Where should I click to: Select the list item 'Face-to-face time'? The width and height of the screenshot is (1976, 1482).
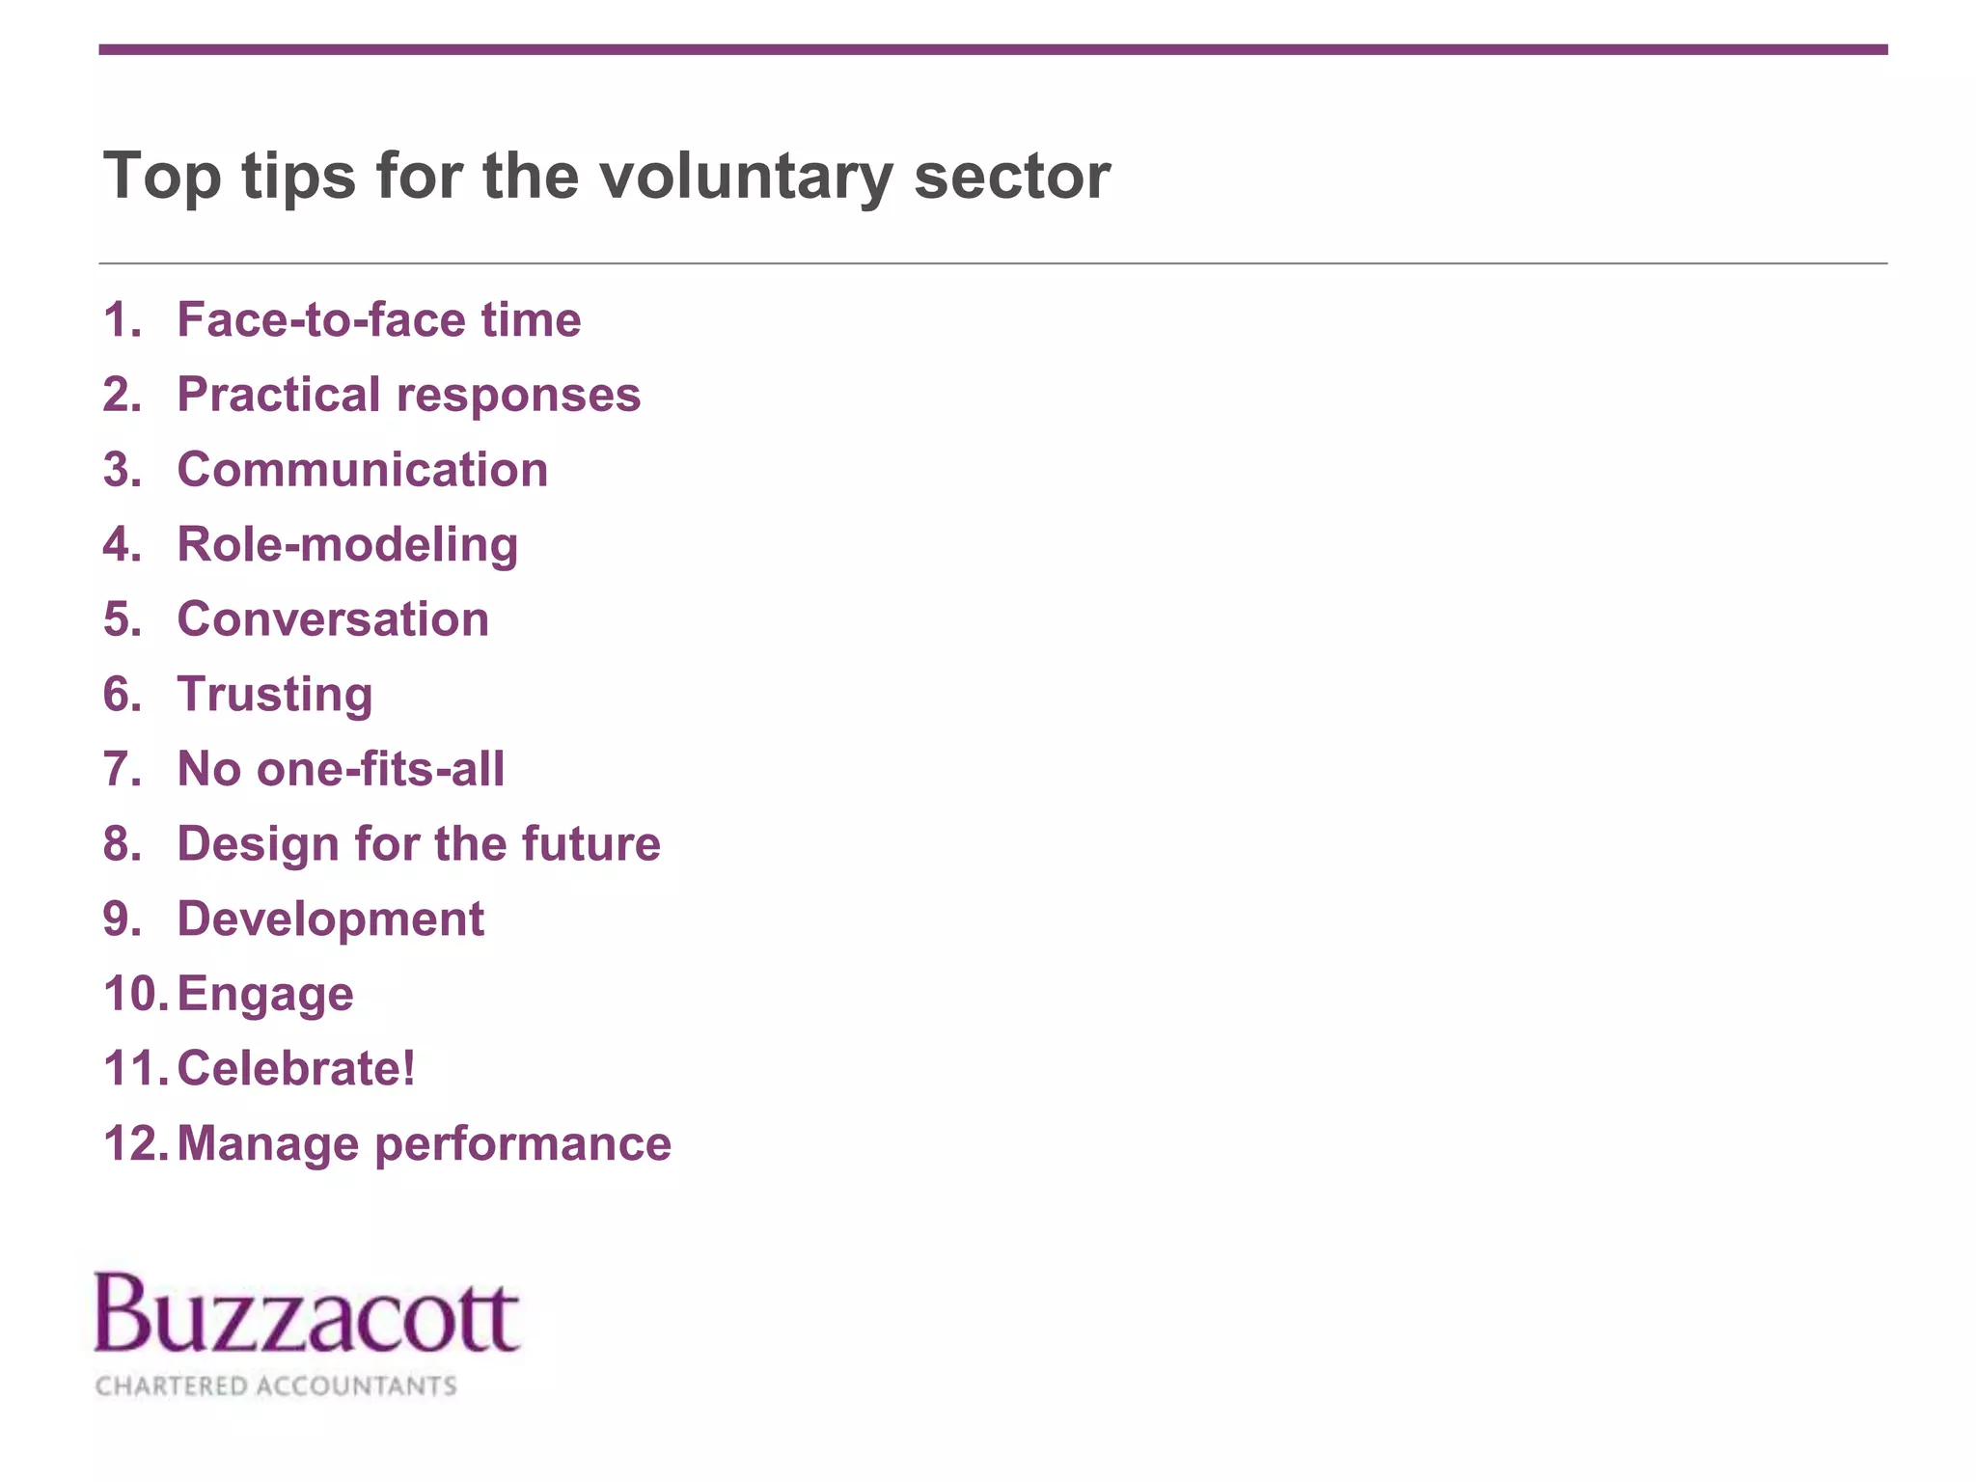coord(378,320)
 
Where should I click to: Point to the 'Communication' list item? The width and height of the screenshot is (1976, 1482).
coord(362,470)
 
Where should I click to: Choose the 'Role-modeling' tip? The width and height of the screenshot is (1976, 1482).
coord(347,545)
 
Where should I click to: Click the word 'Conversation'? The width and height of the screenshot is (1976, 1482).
coord(333,619)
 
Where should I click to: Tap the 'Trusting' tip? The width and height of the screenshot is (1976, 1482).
coord(275,695)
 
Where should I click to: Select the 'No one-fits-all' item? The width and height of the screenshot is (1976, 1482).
coord(341,769)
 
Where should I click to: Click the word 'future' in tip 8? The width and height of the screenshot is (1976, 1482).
coord(590,844)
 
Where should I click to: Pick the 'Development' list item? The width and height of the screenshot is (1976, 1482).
coord(330,919)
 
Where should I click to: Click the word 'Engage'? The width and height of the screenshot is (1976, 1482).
coord(265,995)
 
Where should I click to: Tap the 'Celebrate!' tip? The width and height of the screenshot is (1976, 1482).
coord(296,1069)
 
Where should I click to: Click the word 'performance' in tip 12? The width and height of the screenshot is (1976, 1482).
coord(522,1145)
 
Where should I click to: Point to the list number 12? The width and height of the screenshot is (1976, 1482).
coord(135,1144)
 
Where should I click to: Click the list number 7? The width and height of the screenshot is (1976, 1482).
coord(122,769)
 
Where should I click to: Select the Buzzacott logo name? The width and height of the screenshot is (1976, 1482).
coord(307,1314)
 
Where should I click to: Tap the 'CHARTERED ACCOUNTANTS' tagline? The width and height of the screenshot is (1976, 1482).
coord(276,1386)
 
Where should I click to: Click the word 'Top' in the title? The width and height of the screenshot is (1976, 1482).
coord(161,178)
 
